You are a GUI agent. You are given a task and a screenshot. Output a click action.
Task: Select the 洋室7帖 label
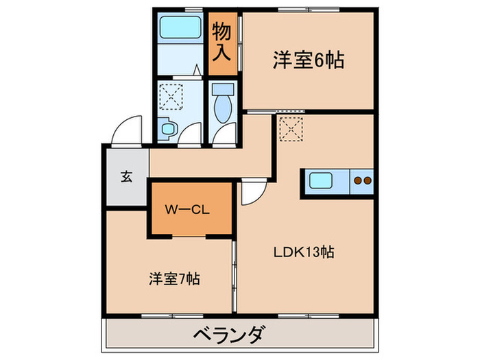coord(175,279)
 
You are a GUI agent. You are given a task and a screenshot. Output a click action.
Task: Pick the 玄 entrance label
coord(126,176)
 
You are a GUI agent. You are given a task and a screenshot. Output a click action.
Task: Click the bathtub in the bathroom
coord(178,29)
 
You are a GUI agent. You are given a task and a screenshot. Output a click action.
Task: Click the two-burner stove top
coord(361,181)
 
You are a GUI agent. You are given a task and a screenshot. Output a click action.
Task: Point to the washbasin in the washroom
coord(167,127)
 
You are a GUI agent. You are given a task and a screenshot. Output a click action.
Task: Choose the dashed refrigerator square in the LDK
coord(291,128)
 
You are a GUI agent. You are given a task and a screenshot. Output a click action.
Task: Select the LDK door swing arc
coord(251,193)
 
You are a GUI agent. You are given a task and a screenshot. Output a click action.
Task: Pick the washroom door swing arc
coord(191,133)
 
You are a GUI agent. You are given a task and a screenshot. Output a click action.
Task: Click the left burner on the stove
coord(357,181)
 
